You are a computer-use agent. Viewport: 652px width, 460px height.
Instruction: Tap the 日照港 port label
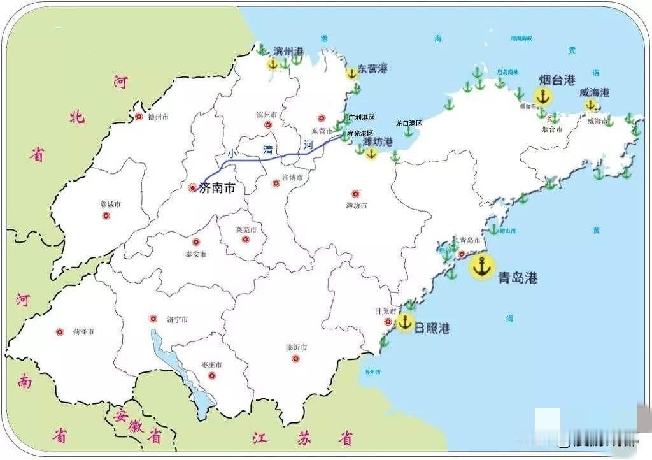pos(432,329)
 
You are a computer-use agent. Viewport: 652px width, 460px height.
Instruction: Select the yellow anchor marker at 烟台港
pos(542,97)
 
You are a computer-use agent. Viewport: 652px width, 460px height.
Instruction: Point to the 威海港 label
pos(594,92)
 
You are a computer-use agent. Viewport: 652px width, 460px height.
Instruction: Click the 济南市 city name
pos(217,188)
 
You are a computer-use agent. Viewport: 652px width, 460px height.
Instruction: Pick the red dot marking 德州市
pos(139,117)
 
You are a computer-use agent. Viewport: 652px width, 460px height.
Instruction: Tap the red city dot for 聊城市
pos(106,215)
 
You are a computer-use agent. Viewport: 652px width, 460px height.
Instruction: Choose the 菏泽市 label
pos(83,332)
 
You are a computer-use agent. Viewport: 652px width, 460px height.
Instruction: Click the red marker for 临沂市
pos(295,358)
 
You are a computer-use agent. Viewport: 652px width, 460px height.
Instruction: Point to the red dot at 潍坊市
pos(355,194)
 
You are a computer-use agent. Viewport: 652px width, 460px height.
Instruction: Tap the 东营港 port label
pos(372,68)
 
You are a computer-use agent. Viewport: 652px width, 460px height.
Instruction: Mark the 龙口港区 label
pos(409,122)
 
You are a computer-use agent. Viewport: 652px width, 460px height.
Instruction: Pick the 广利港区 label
pos(362,118)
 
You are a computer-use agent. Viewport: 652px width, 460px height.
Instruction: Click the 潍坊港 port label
pos(378,141)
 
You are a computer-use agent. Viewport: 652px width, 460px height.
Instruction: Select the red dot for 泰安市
pos(196,242)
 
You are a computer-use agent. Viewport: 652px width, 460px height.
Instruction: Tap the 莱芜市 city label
pos(246,229)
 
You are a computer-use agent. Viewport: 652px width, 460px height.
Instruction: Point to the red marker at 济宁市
pos(153,319)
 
